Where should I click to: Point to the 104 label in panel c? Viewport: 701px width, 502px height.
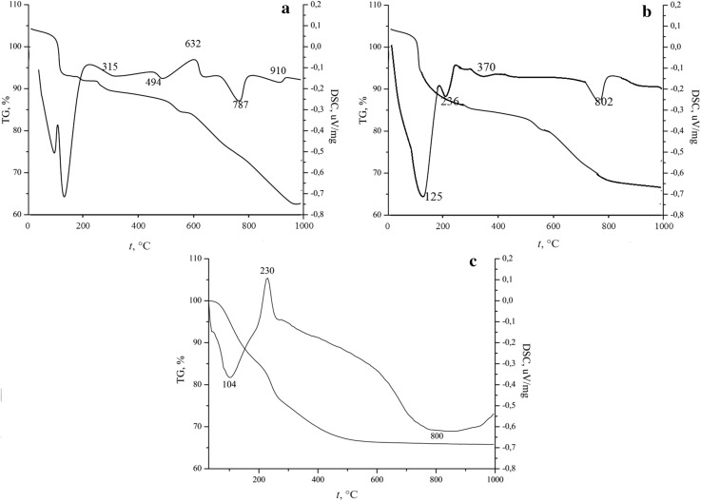(x=228, y=383)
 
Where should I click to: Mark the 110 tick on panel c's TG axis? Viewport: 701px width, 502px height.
(x=195, y=259)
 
